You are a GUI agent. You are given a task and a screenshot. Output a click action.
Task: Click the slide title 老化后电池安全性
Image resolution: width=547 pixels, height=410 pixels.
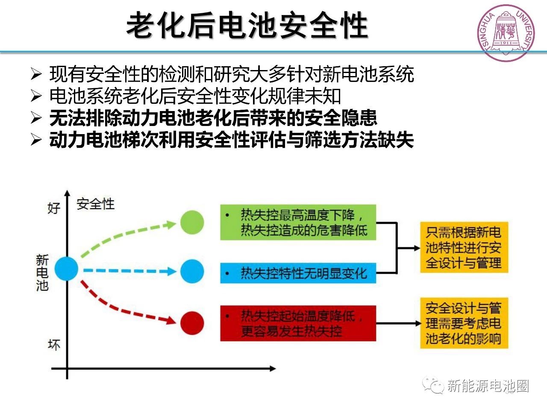click(247, 25)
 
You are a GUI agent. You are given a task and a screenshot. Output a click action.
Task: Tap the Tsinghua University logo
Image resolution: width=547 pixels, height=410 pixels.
click(506, 33)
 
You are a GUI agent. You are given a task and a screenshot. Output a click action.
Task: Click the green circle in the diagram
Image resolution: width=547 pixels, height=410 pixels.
click(192, 223)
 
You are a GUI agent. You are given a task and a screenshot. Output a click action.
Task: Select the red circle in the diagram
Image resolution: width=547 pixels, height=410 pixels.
click(192, 323)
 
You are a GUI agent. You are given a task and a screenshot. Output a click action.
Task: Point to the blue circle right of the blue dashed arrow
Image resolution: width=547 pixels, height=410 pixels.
click(192, 271)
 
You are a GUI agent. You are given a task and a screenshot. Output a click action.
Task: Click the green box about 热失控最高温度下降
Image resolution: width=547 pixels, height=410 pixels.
click(298, 222)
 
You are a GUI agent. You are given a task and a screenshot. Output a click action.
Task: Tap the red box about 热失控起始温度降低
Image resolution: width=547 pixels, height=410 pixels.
click(298, 323)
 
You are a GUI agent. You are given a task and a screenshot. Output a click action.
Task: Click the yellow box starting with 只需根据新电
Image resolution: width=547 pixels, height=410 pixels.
click(464, 248)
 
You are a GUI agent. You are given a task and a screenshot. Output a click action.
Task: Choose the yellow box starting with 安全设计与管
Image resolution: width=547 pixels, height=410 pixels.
click(464, 323)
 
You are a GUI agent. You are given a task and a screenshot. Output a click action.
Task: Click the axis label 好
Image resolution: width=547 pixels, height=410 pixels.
click(54, 208)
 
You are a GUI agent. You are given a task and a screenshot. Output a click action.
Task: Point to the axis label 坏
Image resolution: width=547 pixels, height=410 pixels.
click(54, 344)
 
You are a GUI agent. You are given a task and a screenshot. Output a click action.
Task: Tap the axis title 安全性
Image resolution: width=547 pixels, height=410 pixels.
click(96, 204)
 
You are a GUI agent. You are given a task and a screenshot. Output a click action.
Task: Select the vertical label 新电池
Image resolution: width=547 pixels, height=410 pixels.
click(42, 272)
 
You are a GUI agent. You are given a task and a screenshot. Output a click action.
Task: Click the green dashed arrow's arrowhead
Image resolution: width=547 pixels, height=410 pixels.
click(172, 224)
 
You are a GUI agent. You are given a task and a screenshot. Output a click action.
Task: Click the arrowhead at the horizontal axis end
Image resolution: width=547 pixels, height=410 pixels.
click(272, 368)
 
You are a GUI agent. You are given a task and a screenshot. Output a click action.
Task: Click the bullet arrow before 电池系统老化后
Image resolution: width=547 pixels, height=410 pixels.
click(36, 96)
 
